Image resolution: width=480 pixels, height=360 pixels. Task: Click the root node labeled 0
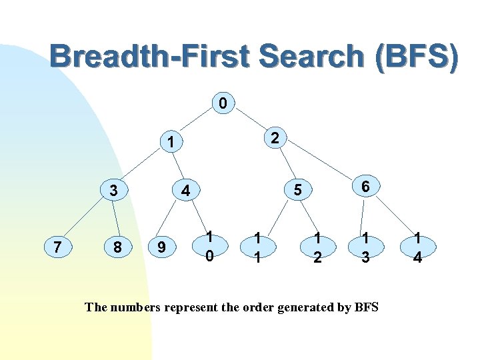pyautogui.click(x=223, y=103)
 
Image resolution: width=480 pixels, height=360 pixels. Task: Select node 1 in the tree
pyautogui.click(x=171, y=142)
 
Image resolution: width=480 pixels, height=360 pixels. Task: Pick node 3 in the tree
pyautogui.click(x=114, y=190)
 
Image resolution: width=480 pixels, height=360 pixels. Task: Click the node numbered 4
pyautogui.click(x=187, y=190)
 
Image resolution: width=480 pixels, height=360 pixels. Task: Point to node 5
pyautogui.click(x=298, y=190)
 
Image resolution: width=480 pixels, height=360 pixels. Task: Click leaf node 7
pyautogui.click(x=58, y=248)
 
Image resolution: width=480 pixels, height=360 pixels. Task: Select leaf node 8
pyautogui.click(x=117, y=248)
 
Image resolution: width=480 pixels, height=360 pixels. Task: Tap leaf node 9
pyautogui.click(x=161, y=248)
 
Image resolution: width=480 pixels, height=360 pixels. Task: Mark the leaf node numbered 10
pyautogui.click(x=209, y=247)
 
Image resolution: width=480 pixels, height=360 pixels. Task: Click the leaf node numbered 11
pyautogui.click(x=257, y=248)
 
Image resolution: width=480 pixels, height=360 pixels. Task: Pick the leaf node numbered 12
pyautogui.click(x=317, y=248)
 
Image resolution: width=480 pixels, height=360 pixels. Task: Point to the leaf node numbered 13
pyautogui.click(x=365, y=248)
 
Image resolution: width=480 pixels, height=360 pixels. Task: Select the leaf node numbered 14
pyautogui.click(x=417, y=248)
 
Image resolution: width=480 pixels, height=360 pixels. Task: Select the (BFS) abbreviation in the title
pyautogui.click(x=416, y=57)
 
